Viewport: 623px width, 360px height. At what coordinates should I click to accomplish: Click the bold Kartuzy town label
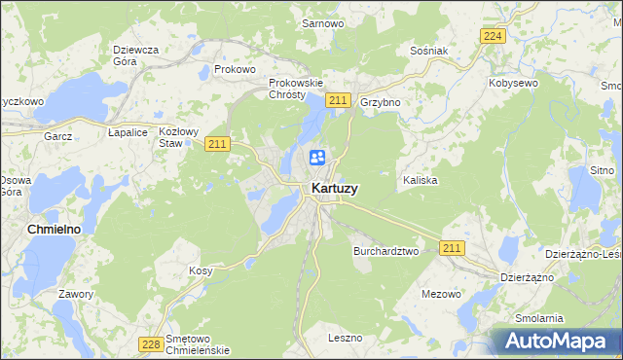tap(333, 189)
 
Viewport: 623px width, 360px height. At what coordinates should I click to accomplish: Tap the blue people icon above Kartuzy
tap(317, 158)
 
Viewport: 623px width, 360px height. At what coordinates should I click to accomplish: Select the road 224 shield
tap(493, 36)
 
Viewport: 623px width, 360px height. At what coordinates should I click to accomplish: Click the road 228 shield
tap(150, 343)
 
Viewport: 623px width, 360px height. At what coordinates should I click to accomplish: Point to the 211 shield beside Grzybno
tap(338, 101)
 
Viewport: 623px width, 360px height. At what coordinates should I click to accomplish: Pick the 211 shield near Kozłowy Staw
tap(217, 144)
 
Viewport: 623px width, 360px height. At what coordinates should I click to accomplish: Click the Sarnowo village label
tap(321, 22)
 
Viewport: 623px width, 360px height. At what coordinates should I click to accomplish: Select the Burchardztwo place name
tap(385, 250)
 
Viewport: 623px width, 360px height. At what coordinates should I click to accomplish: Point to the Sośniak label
tap(428, 50)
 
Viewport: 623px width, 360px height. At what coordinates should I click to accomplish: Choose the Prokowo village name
tap(235, 70)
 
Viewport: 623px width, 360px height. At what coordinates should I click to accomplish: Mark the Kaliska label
tap(420, 181)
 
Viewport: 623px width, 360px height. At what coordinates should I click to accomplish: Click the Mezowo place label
tap(441, 293)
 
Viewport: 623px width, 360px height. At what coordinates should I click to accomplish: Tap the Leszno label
tap(345, 338)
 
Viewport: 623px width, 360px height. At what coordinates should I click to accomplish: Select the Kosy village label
tap(201, 270)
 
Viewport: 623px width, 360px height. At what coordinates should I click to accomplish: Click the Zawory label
tap(75, 294)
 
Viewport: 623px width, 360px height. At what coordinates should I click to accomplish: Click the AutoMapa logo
tap(559, 341)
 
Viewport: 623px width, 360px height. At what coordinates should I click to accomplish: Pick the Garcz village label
tap(58, 137)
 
